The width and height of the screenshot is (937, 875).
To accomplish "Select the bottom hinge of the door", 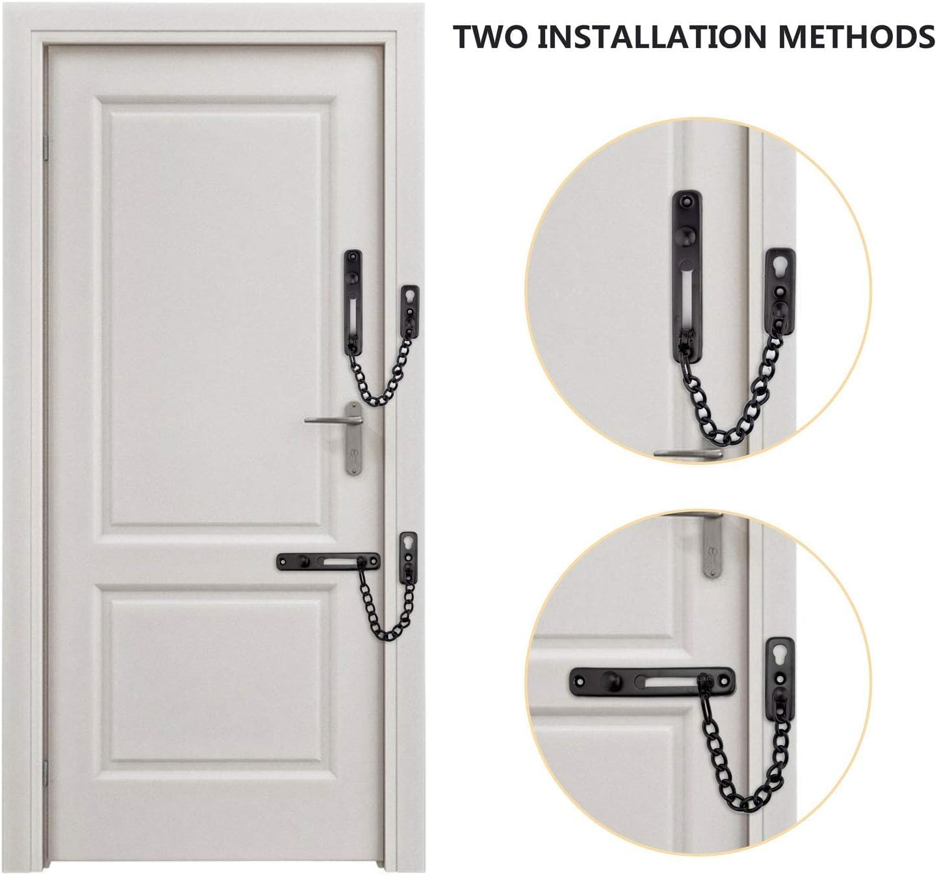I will pos(45,774).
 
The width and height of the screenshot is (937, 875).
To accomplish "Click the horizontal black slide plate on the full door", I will pos(328,561).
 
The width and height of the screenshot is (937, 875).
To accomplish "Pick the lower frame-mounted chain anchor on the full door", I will pos(408,556).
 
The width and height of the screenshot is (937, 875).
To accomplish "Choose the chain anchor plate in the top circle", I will pos(780,286).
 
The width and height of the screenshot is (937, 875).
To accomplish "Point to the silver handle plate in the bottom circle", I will pos(712,546).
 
